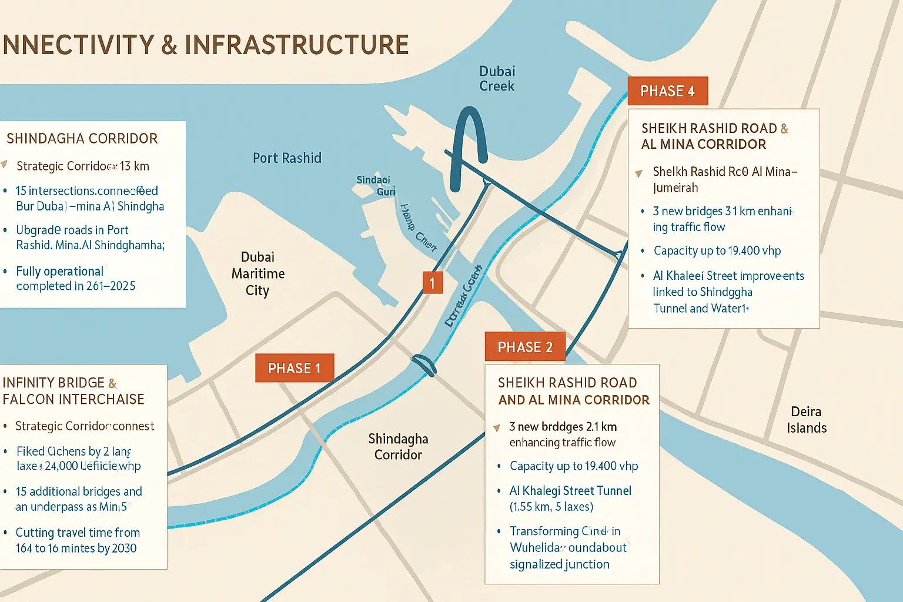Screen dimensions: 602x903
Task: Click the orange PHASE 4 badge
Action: click(667, 91)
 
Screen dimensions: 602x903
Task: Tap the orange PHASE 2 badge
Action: click(525, 347)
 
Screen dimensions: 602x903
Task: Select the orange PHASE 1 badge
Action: click(295, 368)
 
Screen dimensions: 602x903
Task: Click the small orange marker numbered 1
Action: click(432, 283)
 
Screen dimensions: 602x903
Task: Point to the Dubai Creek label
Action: click(497, 79)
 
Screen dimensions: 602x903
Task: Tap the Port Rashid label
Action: click(287, 158)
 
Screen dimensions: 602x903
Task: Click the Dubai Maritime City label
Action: click(257, 274)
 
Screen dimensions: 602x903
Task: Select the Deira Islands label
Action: click(806, 420)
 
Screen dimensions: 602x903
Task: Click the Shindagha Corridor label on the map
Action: click(398, 447)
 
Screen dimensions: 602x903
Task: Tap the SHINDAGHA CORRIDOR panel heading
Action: click(82, 139)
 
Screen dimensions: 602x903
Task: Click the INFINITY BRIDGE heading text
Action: click(53, 383)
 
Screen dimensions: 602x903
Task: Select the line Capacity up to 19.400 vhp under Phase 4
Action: click(717, 251)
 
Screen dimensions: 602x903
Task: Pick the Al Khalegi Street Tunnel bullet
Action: click(570, 491)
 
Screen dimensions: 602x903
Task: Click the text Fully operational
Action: click(59, 272)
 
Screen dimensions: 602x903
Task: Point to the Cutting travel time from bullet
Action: click(78, 533)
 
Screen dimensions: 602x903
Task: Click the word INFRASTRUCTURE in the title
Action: click(296, 45)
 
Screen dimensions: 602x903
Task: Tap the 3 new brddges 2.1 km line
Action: click(563, 427)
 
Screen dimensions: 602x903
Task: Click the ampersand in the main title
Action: click(169, 45)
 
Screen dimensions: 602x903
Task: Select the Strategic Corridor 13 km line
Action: click(82, 166)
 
